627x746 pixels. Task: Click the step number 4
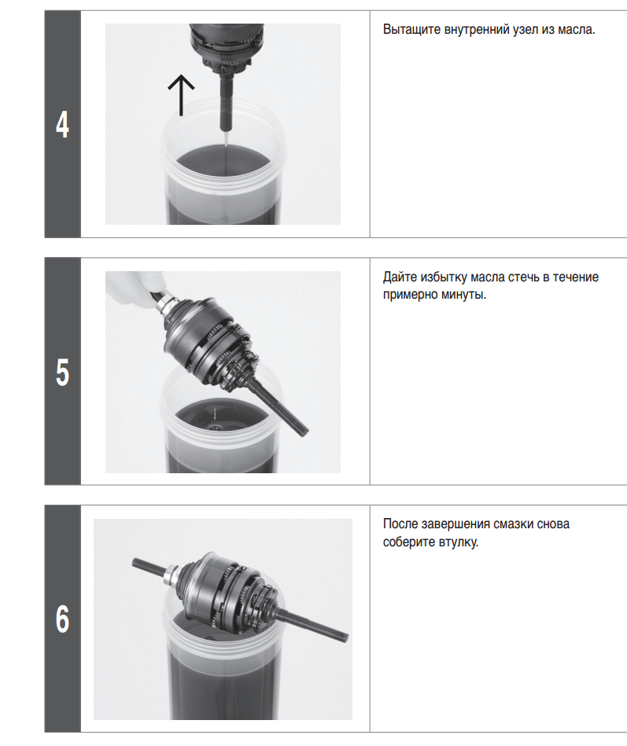[x=62, y=125]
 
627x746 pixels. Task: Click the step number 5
[x=62, y=372]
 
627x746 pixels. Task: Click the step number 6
[x=62, y=619]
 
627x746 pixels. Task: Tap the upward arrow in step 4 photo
[x=181, y=94]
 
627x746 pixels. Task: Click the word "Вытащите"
[x=411, y=30]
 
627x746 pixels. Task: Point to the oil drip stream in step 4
[x=226, y=157]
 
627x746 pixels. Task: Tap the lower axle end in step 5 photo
[x=304, y=432]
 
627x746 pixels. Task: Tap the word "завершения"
[x=455, y=524]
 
